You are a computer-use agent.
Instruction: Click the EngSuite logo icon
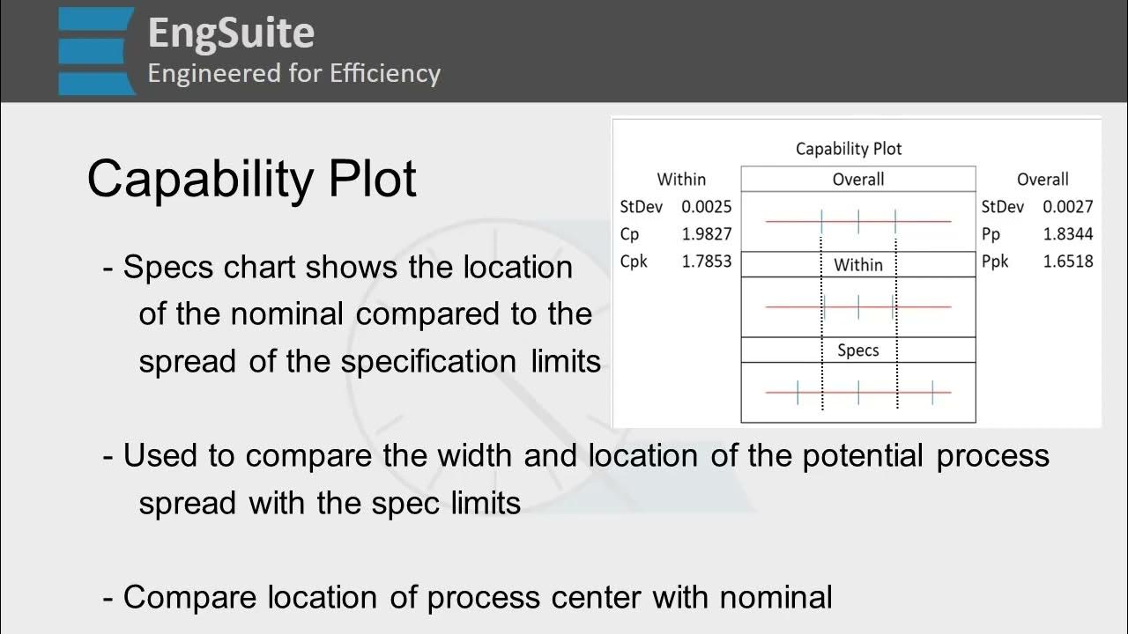pos(97,50)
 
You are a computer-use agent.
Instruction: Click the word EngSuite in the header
pos(231,33)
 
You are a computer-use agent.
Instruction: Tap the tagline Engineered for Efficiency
pos(293,73)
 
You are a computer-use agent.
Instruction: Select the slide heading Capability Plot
pos(251,179)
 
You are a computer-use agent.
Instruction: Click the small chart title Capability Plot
pos(849,149)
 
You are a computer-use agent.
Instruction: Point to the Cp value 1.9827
pos(706,234)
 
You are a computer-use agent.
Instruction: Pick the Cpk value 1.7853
pos(706,262)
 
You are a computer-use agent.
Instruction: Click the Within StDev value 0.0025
pos(706,207)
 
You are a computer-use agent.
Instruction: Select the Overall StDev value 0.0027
pos(1067,207)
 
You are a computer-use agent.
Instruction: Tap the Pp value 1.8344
pos(1067,234)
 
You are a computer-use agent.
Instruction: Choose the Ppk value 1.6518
pos(1067,262)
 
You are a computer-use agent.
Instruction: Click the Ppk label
pos(995,262)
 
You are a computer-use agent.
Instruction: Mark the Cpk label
pos(634,262)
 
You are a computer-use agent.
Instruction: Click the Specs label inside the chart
pos(857,350)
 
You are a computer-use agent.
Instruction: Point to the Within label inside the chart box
pos(857,264)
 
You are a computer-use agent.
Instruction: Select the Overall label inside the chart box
pos(857,180)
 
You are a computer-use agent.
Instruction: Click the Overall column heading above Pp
pos(1043,180)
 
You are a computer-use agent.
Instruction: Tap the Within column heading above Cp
pos(681,180)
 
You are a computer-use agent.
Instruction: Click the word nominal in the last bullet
pos(775,597)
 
